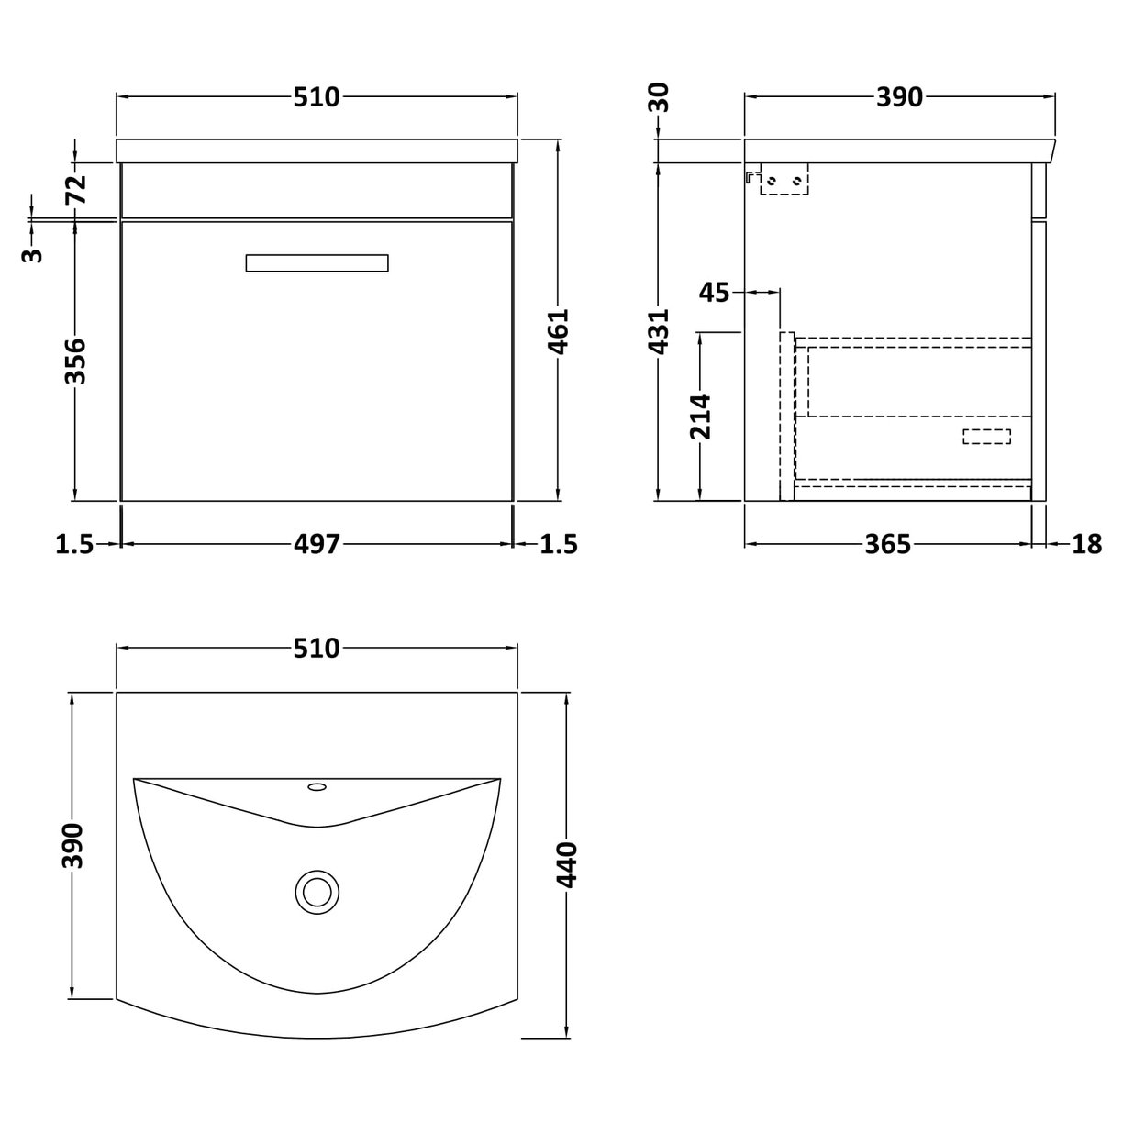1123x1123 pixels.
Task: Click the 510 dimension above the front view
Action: pyautogui.click(x=317, y=96)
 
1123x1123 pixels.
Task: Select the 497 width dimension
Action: pyautogui.click(x=317, y=544)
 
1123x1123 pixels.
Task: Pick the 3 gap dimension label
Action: pyautogui.click(x=32, y=254)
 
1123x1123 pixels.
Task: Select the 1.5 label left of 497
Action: pyautogui.click(x=75, y=544)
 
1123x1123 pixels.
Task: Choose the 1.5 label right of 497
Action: pyautogui.click(x=560, y=544)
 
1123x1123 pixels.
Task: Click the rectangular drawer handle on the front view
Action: pyautogui.click(x=317, y=262)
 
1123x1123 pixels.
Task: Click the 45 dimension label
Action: pyautogui.click(x=715, y=293)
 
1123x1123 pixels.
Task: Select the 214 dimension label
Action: pyautogui.click(x=701, y=416)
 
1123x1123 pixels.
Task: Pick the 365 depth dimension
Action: pyautogui.click(x=888, y=544)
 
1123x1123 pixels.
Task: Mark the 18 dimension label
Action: pyautogui.click(x=1086, y=544)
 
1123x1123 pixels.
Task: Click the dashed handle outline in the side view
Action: pyautogui.click(x=986, y=437)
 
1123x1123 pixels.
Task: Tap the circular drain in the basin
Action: pyautogui.click(x=317, y=890)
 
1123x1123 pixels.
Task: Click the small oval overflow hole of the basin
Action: pyautogui.click(x=317, y=786)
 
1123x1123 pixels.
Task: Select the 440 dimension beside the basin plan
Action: pyautogui.click(x=568, y=864)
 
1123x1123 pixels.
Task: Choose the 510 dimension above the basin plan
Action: pyautogui.click(x=317, y=649)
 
